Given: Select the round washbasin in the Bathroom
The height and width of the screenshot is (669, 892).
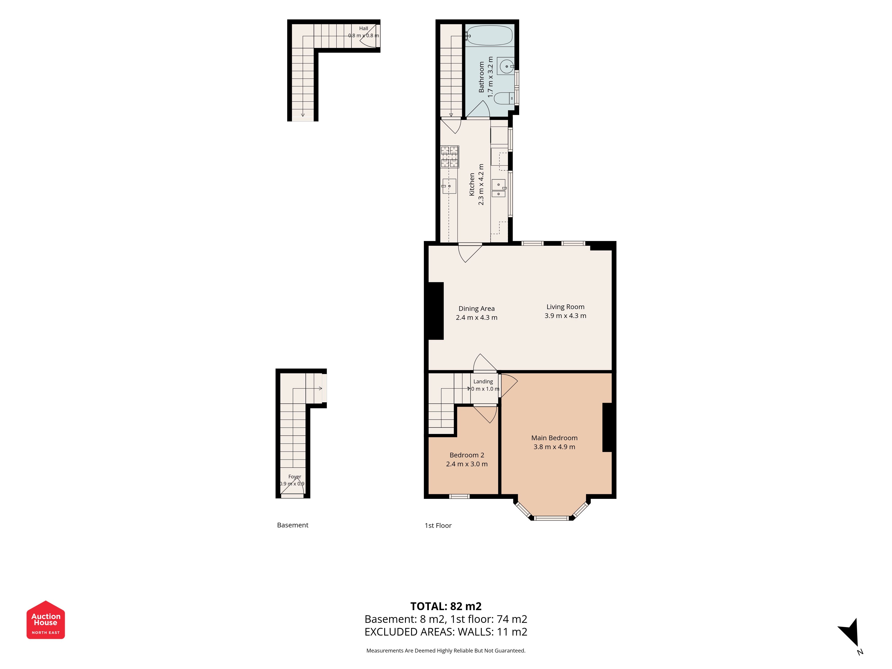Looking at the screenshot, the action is [x=506, y=66].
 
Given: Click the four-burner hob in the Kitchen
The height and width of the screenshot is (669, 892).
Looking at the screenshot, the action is [x=450, y=157].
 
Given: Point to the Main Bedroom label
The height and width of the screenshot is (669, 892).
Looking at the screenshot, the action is [x=554, y=438].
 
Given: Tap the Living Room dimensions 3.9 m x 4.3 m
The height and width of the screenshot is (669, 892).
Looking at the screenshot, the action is [x=565, y=316].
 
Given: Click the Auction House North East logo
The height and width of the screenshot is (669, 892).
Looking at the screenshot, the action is [x=45, y=620].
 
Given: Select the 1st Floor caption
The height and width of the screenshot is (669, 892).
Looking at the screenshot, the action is [x=438, y=525].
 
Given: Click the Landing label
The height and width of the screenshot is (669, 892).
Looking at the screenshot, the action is [x=483, y=382].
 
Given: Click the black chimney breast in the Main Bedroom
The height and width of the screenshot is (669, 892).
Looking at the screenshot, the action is [x=607, y=427].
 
